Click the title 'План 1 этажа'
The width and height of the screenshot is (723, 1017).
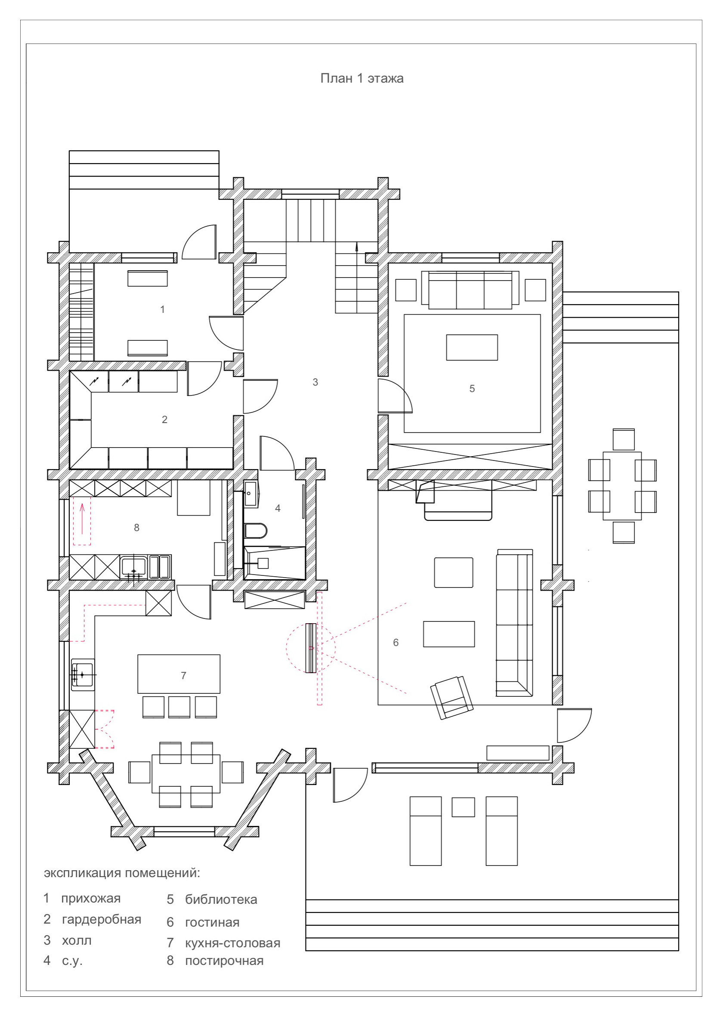coord(361,78)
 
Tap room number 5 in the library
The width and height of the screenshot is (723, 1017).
coord(472,389)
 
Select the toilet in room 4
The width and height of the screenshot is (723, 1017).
coord(256,530)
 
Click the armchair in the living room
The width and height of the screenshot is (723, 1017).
coord(451,697)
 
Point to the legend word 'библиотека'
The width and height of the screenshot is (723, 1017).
coord(221,900)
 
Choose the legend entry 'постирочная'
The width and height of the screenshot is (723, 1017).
coord(224,961)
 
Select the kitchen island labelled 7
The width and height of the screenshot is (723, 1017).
coord(179,674)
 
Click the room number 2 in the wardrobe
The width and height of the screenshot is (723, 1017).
coord(165,420)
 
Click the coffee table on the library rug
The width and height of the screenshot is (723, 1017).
coord(472,347)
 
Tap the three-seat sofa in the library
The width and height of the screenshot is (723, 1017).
coord(470,289)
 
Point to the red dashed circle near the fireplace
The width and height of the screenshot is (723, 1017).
coord(310,648)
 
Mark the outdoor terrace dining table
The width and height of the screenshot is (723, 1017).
coord(622,485)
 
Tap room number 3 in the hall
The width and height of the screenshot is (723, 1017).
coord(315,382)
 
